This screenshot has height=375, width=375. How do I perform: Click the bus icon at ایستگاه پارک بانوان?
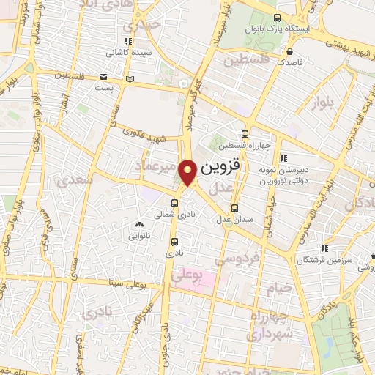276,18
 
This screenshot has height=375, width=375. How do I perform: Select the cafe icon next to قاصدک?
291,53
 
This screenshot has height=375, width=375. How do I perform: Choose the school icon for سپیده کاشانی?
129,42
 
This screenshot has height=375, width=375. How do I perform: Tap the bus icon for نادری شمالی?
175,204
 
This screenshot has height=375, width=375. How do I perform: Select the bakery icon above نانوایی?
139,225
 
